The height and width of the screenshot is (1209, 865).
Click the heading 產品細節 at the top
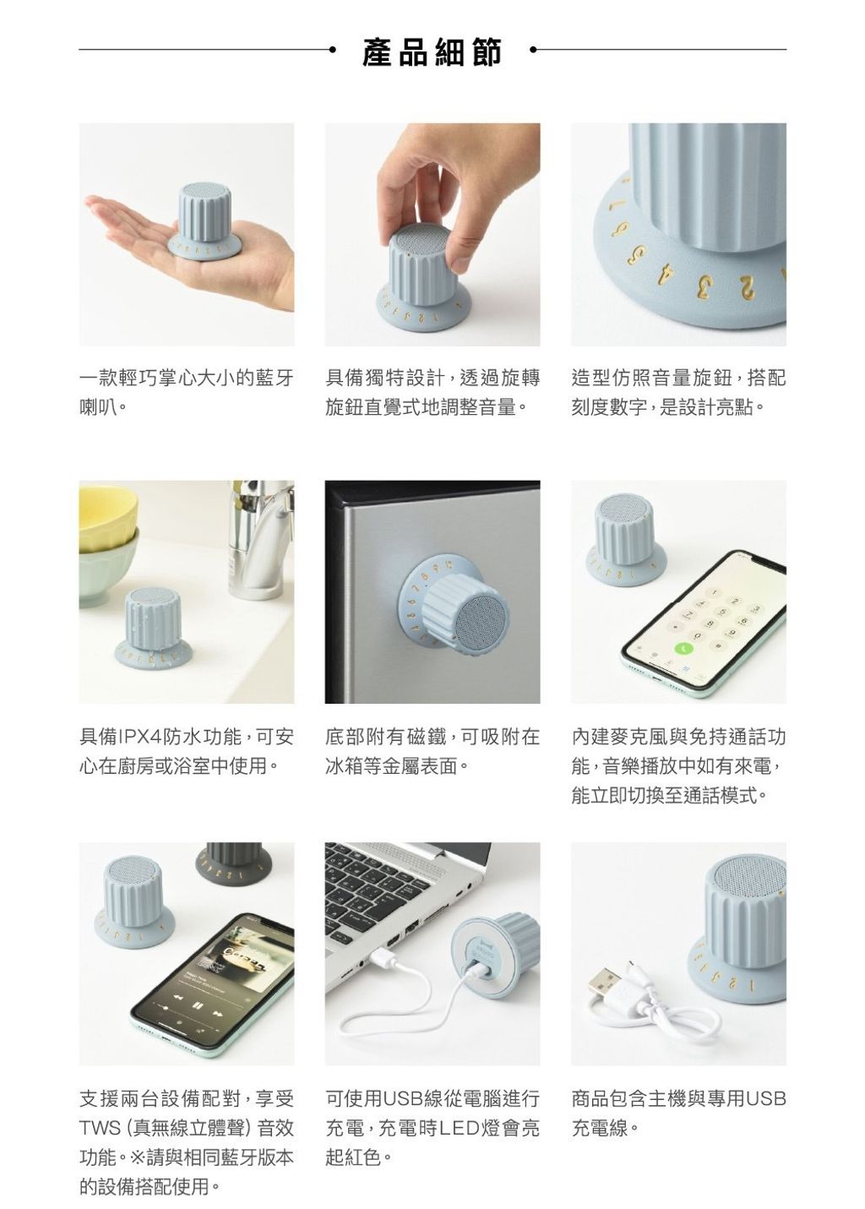(432, 52)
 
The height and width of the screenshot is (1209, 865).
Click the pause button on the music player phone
(198, 1005)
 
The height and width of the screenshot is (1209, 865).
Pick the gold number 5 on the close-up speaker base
(638, 254)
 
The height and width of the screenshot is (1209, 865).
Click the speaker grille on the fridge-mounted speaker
(481, 622)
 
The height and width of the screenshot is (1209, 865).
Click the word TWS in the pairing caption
(100, 1128)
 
